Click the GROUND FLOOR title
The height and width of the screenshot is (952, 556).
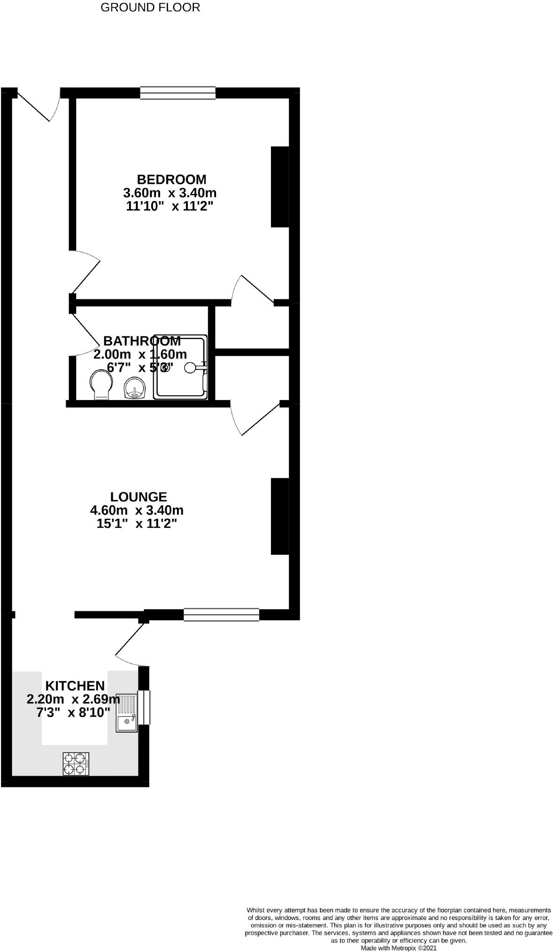pos(150,8)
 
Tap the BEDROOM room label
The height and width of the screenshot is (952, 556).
pos(171,179)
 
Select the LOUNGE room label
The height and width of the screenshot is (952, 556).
pos(139,496)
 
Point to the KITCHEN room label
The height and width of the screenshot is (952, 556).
pos(75,685)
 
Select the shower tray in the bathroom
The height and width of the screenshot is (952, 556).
pos(180,367)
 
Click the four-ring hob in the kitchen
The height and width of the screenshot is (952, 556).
pos(76,763)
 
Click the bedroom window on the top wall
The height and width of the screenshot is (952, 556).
pos(178,93)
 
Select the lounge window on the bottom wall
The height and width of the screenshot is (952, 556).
pos(221,614)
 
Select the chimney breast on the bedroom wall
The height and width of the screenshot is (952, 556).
pos(280,187)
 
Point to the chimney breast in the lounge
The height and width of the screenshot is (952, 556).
pos(280,516)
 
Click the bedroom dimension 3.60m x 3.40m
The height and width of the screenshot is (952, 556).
pos(170,193)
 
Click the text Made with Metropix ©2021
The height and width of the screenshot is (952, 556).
pos(398,948)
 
